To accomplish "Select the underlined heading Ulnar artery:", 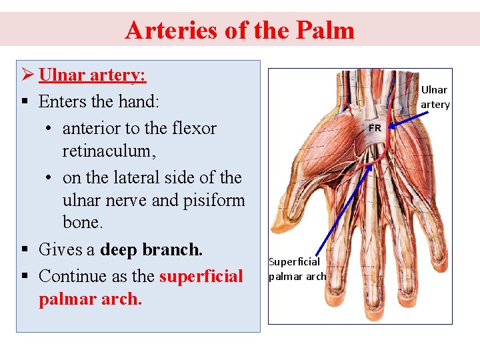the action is [x=93, y=75].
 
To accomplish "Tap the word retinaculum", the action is [x=109, y=151].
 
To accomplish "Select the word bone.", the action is [x=81, y=223].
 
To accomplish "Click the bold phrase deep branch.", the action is [x=151, y=249].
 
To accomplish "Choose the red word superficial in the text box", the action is [x=201, y=275].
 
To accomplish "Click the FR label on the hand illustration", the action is [x=375, y=127].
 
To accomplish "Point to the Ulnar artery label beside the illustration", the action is [x=435, y=97].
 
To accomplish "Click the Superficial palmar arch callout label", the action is [x=297, y=269].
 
